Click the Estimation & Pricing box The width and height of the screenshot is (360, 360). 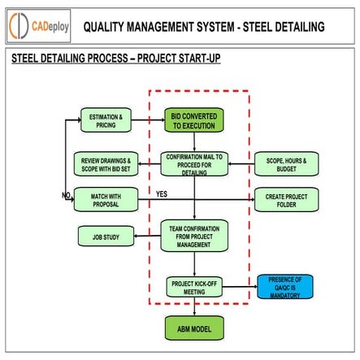(x=106, y=120)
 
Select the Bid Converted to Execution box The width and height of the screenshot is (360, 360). (x=194, y=121)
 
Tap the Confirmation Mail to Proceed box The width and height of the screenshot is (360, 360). (x=194, y=163)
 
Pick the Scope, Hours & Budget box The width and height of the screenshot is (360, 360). (x=286, y=163)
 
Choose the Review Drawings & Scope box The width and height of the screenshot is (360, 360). (x=106, y=163)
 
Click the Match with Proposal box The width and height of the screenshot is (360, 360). (x=106, y=198)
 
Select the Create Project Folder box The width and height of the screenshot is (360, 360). (x=286, y=198)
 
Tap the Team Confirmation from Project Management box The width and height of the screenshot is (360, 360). (x=194, y=235)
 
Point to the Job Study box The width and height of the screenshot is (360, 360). (x=106, y=236)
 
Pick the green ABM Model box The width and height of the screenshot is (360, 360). (x=194, y=328)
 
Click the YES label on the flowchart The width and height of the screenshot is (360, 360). (x=161, y=194)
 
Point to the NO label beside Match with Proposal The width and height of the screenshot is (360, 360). (x=66, y=195)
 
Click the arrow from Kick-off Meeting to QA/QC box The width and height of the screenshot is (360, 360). (x=240, y=286)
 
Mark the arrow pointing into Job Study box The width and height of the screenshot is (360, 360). (x=146, y=236)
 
